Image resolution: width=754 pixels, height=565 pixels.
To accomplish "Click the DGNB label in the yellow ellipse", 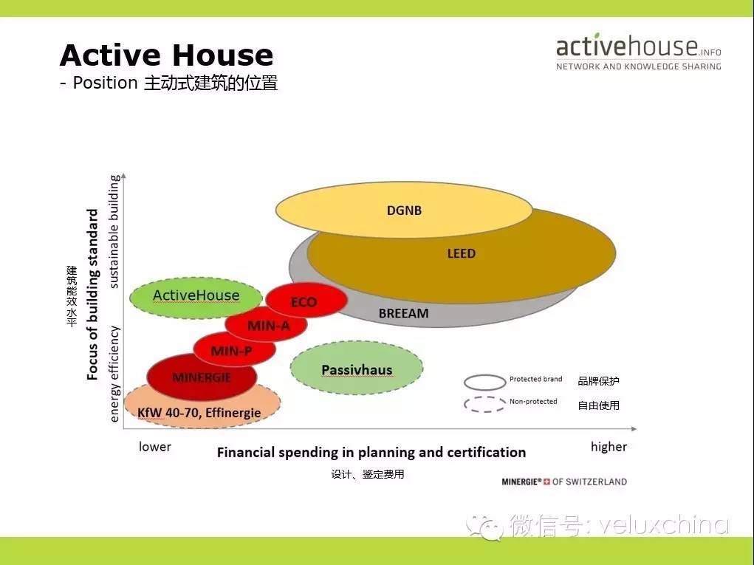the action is tap(404, 210).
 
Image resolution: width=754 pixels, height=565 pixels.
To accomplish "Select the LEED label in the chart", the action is tap(461, 253).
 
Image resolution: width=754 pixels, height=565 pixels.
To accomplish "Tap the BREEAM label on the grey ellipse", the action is tap(403, 313).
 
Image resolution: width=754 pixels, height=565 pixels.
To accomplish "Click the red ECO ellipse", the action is tap(306, 300).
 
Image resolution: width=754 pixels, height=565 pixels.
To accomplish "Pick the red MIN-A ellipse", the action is tap(266, 324).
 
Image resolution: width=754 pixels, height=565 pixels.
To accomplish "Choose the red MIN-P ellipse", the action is tap(234, 349).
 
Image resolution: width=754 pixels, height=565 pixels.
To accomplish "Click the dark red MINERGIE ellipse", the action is tap(202, 377).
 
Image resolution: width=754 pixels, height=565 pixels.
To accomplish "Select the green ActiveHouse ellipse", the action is tap(196, 298).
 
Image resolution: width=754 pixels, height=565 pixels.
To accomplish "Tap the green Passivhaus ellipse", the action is tap(357, 368).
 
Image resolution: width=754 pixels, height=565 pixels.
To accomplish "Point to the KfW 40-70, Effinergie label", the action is tap(199, 413).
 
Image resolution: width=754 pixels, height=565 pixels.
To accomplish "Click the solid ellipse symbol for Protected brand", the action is tap(484, 383).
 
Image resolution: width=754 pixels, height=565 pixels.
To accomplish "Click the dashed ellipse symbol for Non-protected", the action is tap(484, 405).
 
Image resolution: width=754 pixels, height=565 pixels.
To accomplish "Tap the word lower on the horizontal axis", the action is tap(155, 447).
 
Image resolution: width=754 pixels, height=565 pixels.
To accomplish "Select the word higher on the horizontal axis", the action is tap(609, 447).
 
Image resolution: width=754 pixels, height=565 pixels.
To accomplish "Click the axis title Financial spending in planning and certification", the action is tap(371, 453).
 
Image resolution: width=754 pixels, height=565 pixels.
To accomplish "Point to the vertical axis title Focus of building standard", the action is tap(92, 294).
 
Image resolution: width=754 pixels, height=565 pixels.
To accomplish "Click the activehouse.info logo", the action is tap(639, 52).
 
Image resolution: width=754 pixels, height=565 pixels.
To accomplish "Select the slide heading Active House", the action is tap(166, 55).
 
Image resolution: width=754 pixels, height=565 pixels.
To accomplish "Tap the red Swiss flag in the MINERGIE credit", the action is tap(546, 482).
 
